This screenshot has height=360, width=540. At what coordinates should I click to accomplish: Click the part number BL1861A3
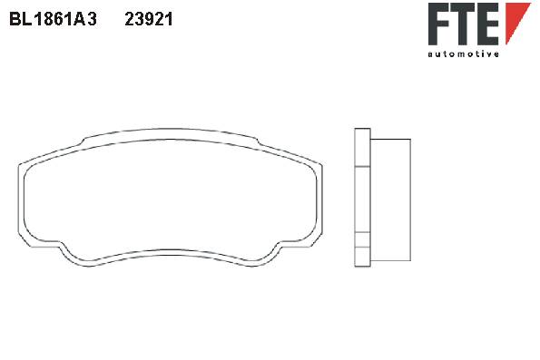[x=53, y=19]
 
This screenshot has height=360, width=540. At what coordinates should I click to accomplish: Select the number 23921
[x=149, y=19]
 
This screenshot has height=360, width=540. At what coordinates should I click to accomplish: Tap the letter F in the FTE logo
[x=439, y=24]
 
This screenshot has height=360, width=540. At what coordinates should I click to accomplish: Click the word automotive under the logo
[x=463, y=54]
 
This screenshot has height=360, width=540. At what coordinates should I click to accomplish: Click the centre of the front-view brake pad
[x=170, y=198]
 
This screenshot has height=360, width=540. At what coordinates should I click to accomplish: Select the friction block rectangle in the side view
[x=390, y=200]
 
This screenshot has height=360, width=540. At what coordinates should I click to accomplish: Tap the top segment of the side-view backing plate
[x=362, y=148]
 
